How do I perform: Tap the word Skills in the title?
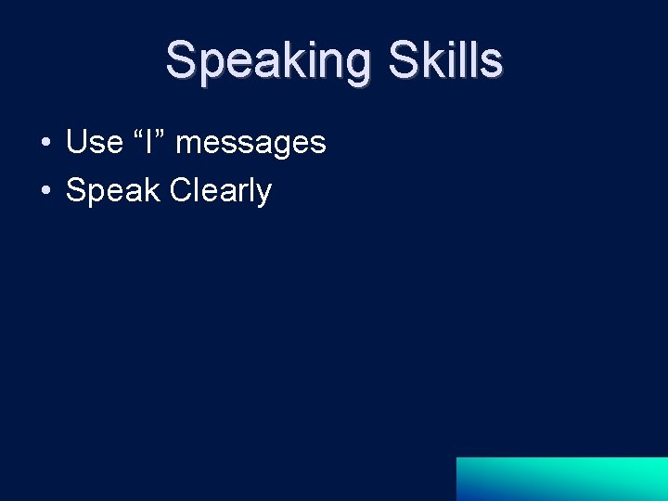tap(445, 60)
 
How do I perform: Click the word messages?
tap(250, 143)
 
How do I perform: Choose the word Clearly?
tap(221, 191)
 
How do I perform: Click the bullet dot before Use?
tap(45, 143)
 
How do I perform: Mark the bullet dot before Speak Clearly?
tap(45, 191)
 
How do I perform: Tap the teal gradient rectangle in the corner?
tap(561, 479)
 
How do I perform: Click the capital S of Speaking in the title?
tap(181, 60)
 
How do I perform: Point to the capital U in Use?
tap(77, 142)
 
